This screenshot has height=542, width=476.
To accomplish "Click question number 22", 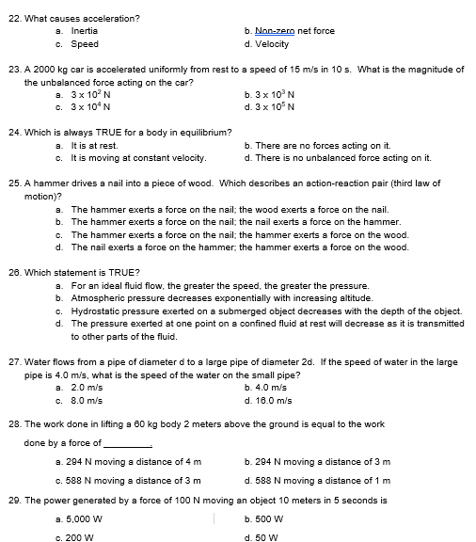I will coord(12,18).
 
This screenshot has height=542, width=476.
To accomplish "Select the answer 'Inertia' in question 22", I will coord(85,31).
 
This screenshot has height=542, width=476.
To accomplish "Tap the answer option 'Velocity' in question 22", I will coord(273,43).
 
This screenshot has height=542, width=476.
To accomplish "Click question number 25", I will coord(12,183).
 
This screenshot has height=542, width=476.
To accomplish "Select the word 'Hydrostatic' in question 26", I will coord(99,311).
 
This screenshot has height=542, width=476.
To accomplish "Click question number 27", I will coord(12,360).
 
